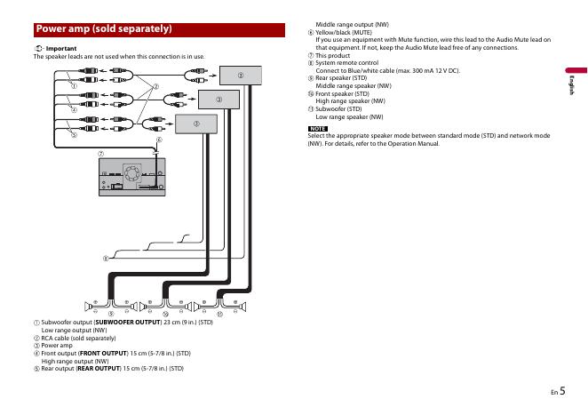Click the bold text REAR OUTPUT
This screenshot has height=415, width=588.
coord(97,368)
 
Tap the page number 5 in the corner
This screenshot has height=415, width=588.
coord(562,388)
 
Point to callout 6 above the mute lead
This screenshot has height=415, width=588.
coord(159,140)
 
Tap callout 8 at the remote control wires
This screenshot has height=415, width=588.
coord(104,259)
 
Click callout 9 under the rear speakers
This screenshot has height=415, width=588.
coord(111,314)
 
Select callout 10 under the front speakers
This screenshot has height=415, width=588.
coord(166,314)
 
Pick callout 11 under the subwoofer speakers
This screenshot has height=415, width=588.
coord(220,314)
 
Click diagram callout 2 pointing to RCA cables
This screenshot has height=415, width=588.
coord(155,87)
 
